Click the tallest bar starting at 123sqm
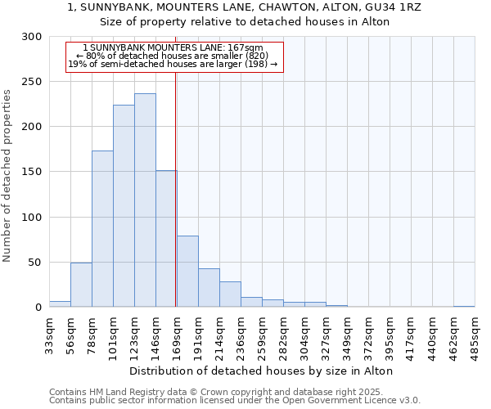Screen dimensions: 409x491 [145, 200]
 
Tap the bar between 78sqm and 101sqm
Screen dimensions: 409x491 [102, 229]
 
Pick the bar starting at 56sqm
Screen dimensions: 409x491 [81, 285]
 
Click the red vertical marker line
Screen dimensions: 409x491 [176, 164]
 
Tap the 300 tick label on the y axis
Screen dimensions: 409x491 [32, 37]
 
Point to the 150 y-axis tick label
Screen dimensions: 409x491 [32, 172]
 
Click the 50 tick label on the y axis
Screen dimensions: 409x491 [35, 263]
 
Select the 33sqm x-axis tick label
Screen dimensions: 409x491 [49, 335]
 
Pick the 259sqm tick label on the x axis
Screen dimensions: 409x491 [262, 335]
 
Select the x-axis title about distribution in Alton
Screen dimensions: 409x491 [261, 371]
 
